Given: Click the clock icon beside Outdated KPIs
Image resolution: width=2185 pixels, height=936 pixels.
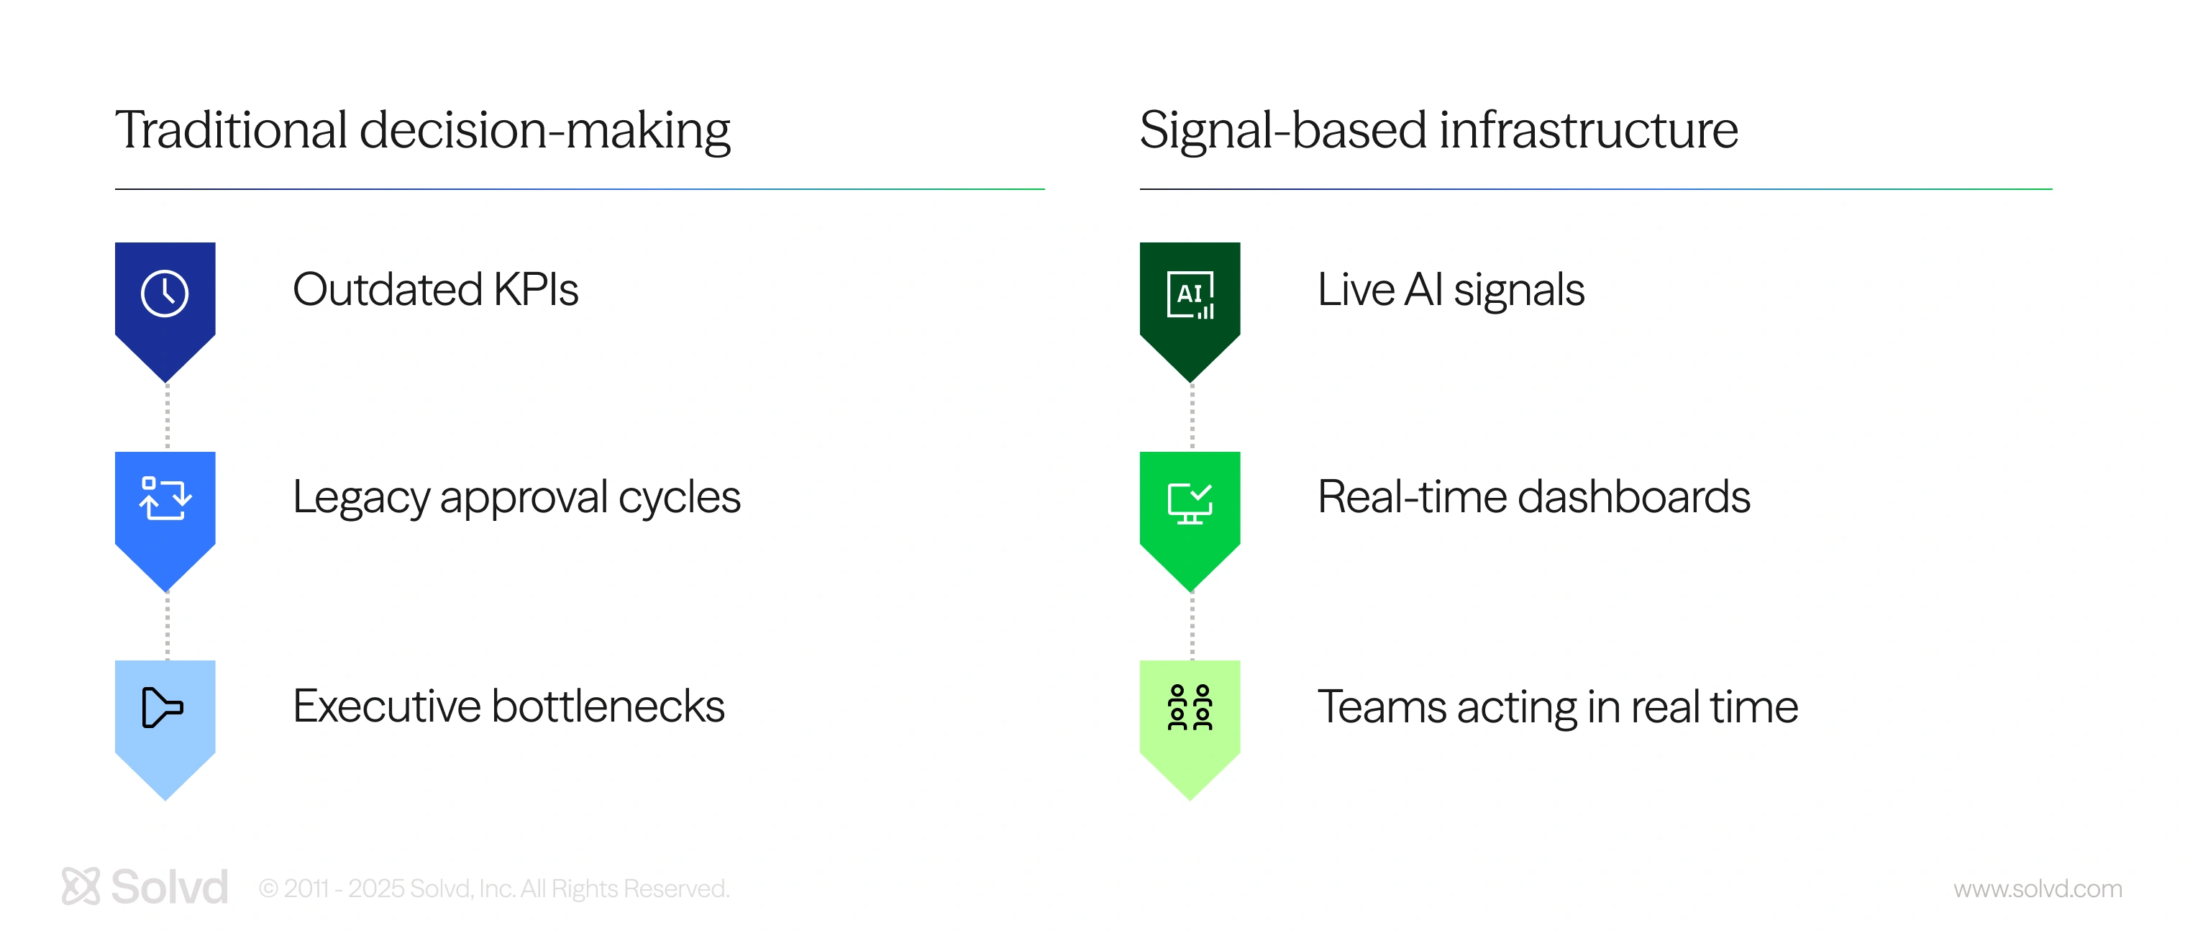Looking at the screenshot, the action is click(165, 294).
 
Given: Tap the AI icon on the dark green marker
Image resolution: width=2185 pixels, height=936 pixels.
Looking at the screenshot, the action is click(1190, 294).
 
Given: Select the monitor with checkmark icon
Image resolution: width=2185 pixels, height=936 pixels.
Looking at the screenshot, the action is click(1190, 503).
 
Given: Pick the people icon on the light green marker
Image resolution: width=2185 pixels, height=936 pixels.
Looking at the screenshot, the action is click(1190, 707).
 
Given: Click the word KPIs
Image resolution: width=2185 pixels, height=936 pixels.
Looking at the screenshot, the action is click(536, 289).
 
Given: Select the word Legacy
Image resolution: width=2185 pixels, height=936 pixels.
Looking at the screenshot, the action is click(361, 498).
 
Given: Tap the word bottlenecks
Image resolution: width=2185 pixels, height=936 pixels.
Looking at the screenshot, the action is click(608, 706).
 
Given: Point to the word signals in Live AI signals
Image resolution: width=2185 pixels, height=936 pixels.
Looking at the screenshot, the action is click(1518, 291).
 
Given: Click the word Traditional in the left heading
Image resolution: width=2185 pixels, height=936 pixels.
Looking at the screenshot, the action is click(232, 130).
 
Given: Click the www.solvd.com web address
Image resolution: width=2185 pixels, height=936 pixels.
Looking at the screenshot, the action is click(2038, 889).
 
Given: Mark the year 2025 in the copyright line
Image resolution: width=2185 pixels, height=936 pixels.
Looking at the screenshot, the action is click(377, 889).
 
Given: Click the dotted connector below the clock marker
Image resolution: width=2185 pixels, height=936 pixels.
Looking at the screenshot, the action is click(167, 417).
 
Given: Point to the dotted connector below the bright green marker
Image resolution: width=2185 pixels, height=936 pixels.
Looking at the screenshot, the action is click(1192, 626).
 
